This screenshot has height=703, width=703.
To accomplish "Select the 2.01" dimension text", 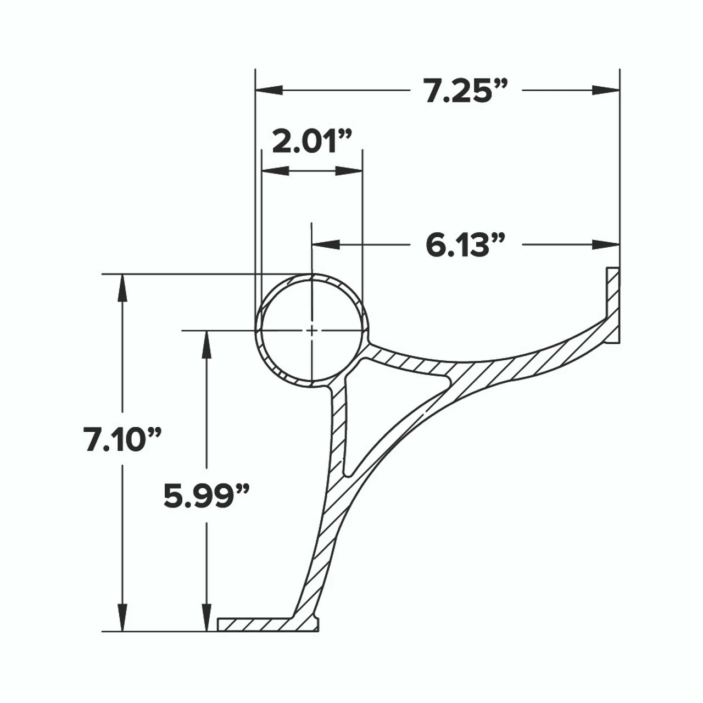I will (x=311, y=143).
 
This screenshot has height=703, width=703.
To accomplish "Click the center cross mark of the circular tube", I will (x=311, y=330).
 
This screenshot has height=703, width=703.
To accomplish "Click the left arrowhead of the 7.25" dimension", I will (x=269, y=90).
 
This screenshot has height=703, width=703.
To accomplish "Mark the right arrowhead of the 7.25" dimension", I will (x=606, y=90).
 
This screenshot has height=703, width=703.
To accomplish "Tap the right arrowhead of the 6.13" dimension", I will (x=606, y=244).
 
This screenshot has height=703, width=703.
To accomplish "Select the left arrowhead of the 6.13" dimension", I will (x=325, y=244).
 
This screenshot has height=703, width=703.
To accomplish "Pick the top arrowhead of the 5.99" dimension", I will (x=207, y=344).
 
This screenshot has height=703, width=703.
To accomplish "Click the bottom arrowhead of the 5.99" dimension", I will (x=207, y=618).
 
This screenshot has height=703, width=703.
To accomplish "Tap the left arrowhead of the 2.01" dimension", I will (x=275, y=171).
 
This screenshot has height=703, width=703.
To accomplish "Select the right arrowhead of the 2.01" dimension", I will (x=349, y=171).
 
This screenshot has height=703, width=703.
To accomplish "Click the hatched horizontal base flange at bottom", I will (x=258, y=624).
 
